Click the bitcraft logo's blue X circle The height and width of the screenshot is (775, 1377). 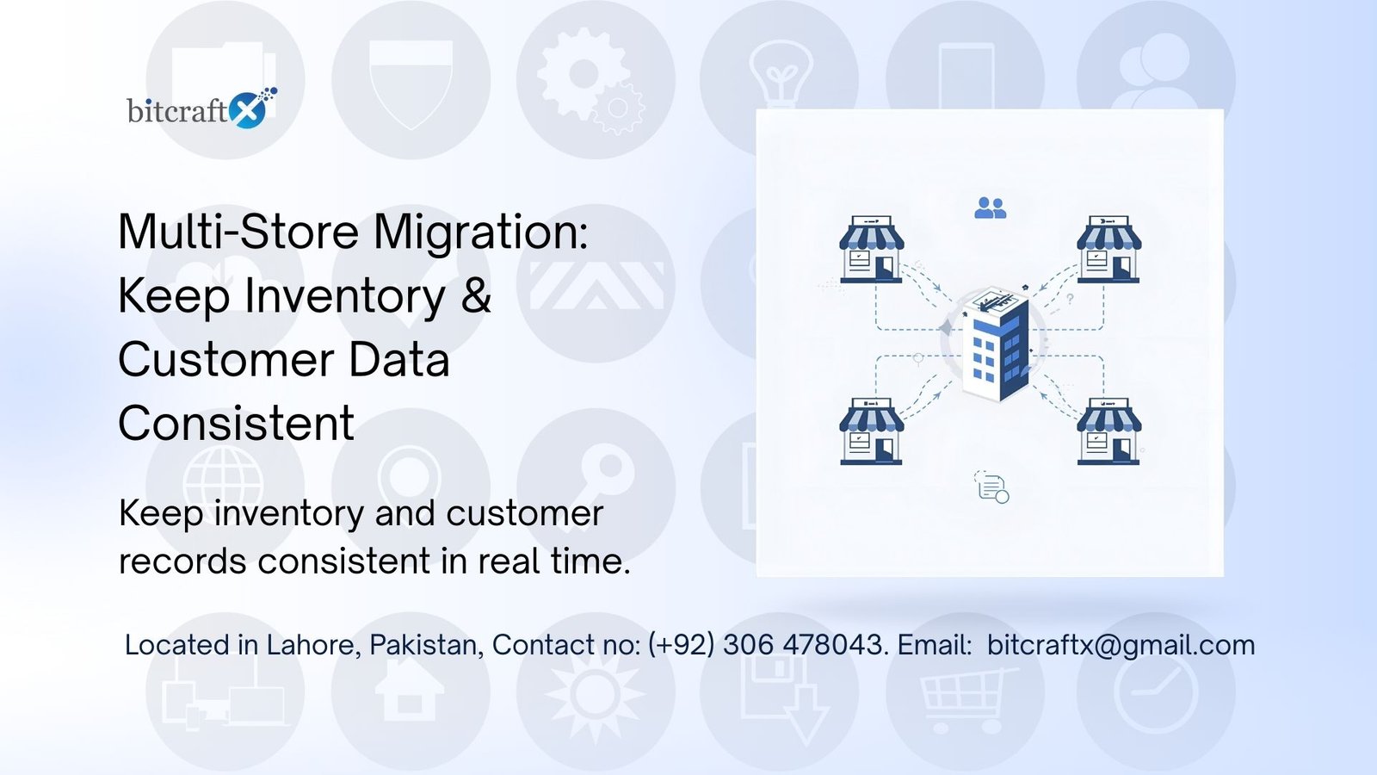(x=250, y=110)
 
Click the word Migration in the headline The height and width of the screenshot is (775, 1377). (x=481, y=232)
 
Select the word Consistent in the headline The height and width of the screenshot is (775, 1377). (x=236, y=424)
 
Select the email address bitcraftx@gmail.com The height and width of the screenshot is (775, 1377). (x=1121, y=645)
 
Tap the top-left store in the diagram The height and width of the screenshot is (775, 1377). (x=871, y=250)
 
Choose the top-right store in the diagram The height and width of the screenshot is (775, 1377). (x=1108, y=250)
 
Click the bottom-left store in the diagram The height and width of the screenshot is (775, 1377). (x=871, y=431)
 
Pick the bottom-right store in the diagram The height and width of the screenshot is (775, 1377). (x=1108, y=431)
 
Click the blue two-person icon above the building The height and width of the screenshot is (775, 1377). (x=990, y=208)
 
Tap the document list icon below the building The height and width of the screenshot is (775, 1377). (x=991, y=487)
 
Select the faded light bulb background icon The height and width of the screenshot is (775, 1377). (x=780, y=73)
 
